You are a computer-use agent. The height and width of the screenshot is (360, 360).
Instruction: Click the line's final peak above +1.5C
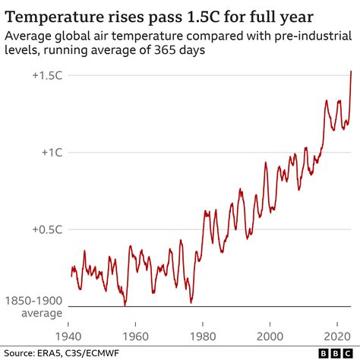click(x=351, y=71)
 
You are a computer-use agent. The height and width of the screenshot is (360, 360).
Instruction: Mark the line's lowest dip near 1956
click(x=125, y=305)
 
